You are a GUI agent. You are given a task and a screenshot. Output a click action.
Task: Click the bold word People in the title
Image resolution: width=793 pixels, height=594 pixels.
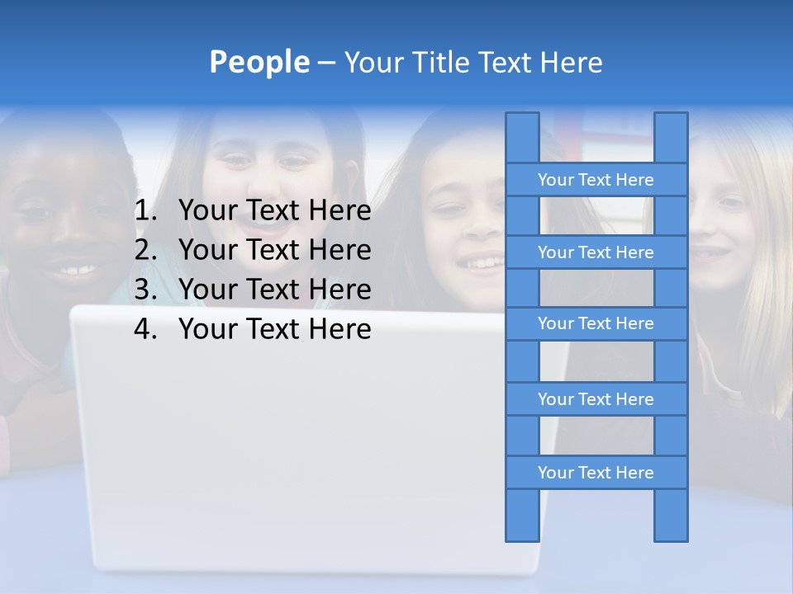click(259, 62)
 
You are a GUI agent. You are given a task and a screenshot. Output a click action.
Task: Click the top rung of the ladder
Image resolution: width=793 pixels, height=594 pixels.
click(596, 180)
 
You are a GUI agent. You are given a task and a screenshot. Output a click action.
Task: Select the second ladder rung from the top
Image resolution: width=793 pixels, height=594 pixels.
click(596, 252)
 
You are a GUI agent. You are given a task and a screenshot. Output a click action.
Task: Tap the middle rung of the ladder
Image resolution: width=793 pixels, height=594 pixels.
click(596, 323)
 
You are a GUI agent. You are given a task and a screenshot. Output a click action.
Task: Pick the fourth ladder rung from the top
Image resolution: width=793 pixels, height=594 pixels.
click(596, 399)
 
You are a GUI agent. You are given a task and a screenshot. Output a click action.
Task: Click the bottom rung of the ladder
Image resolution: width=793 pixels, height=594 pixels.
click(596, 473)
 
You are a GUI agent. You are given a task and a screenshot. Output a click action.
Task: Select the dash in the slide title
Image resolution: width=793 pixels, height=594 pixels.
click(325, 63)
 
